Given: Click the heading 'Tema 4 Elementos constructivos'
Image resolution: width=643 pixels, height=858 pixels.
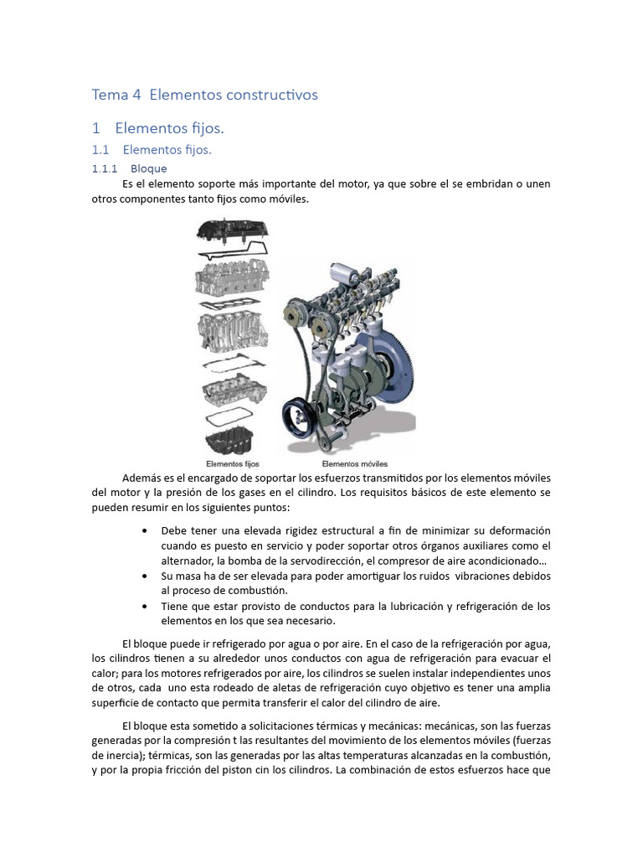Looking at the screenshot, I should (204, 95).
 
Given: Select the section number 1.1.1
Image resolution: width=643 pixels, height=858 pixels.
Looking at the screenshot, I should (105, 168).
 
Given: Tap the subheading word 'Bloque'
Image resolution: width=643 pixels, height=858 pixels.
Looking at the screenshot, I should (149, 168).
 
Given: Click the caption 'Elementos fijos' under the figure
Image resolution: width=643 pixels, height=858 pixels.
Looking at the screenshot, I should (232, 463).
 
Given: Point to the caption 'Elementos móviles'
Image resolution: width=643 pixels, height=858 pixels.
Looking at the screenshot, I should (354, 463).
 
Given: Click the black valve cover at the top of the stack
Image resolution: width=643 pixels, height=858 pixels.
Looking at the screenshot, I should (233, 230).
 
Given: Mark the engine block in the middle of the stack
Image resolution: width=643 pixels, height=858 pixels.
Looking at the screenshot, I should (233, 330).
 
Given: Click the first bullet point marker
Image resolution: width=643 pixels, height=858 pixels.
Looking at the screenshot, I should (146, 531).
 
